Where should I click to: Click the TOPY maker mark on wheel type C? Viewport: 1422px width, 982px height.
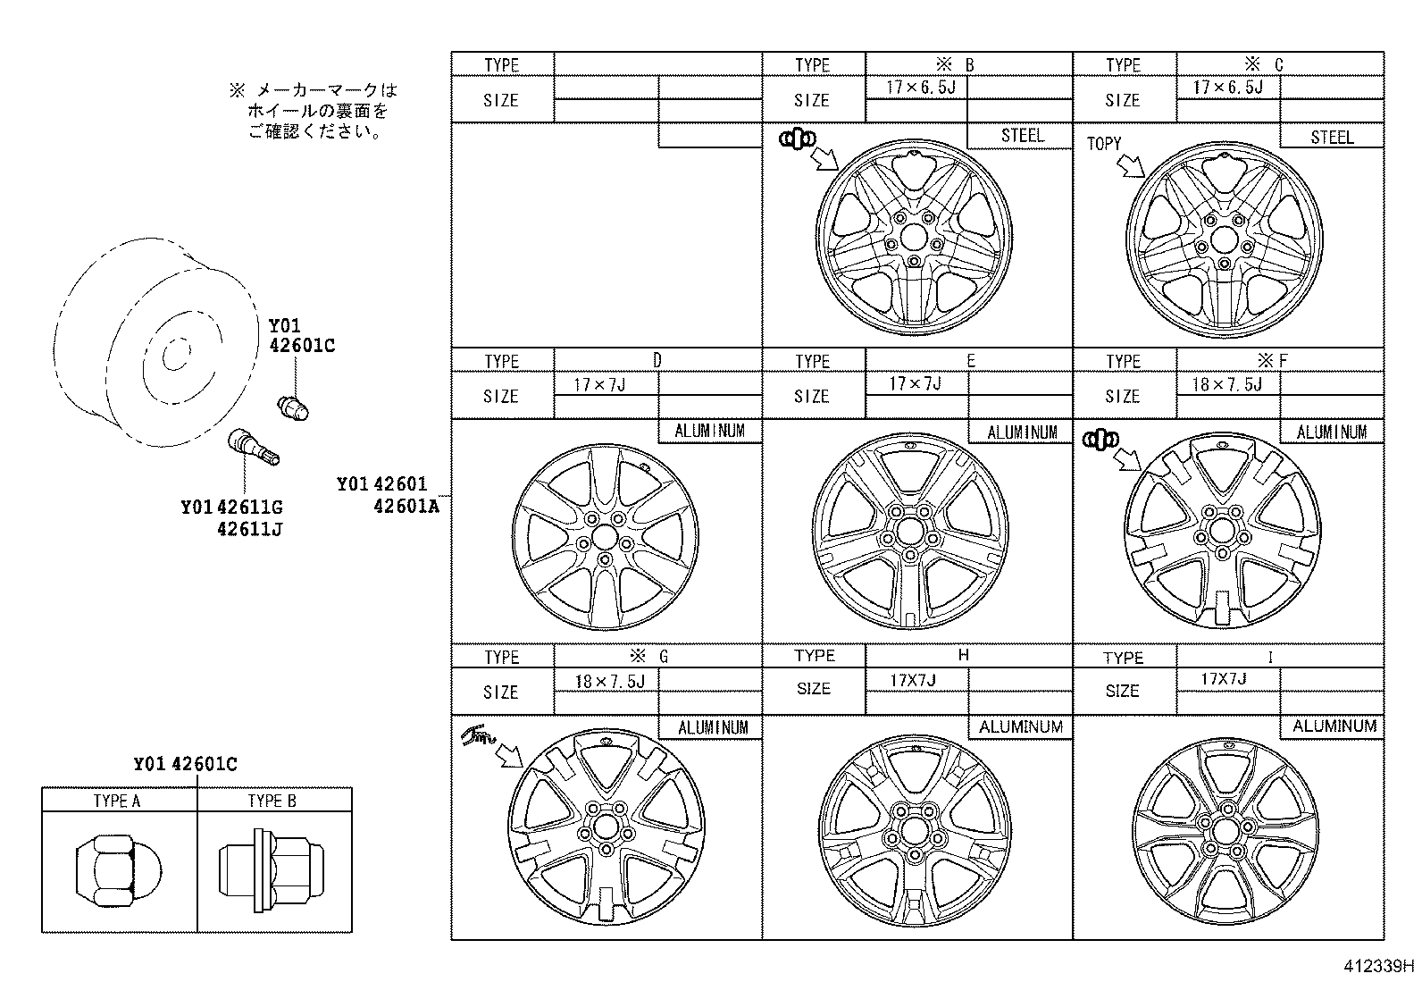click(1103, 143)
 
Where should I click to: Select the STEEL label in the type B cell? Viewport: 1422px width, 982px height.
click(1022, 136)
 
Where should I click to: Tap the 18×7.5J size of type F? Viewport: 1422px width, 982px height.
click(1227, 384)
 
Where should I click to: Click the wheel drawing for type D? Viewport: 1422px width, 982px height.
click(605, 536)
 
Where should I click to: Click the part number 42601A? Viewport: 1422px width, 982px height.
click(407, 506)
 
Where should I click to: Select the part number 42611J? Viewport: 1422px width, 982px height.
click(249, 529)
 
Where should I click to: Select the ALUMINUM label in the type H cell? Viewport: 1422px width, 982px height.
click(1021, 727)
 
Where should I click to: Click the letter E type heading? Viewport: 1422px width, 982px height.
click(970, 361)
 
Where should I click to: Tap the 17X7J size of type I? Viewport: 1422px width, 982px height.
click(1224, 679)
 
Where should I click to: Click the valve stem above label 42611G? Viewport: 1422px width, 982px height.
click(255, 446)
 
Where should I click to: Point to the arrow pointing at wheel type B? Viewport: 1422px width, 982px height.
click(823, 159)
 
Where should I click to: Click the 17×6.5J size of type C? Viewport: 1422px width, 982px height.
click(1227, 88)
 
